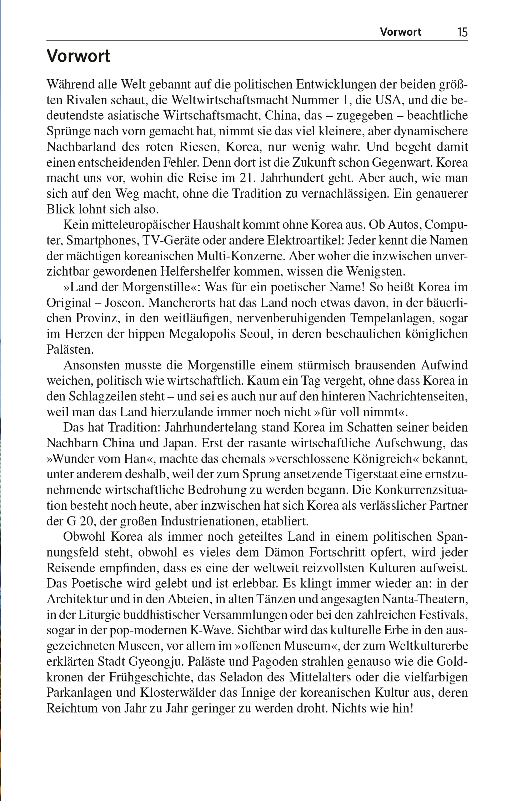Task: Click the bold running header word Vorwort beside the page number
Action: tap(400, 32)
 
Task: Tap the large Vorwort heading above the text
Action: tap(79, 56)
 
